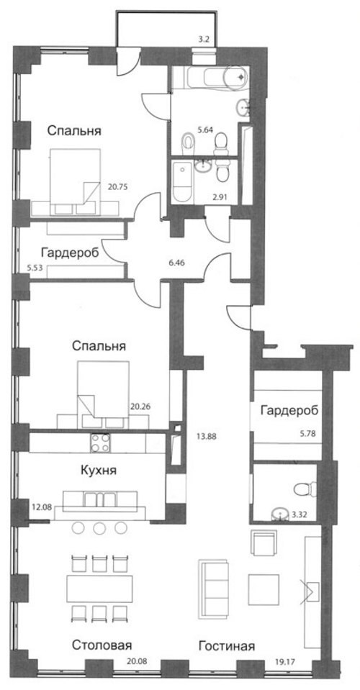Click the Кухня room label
coord(99,471)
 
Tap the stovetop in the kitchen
coord(100,442)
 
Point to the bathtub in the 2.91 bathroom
coord(181,182)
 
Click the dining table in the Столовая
coord(99,589)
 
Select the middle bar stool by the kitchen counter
coord(99,527)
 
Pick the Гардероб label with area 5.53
coord(70,253)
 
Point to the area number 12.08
coord(41,507)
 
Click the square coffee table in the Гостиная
coord(264,590)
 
